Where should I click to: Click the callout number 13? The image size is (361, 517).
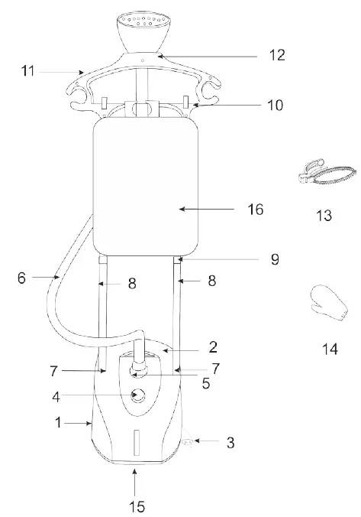(x=324, y=216)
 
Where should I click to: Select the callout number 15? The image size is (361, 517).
(x=136, y=506)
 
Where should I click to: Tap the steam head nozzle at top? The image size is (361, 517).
(x=143, y=28)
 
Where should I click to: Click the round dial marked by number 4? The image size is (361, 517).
(x=138, y=395)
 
